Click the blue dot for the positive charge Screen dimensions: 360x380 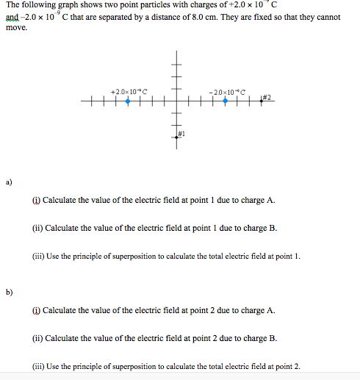(128, 101)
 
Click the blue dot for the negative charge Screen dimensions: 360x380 (224, 101)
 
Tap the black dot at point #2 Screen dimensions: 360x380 (260, 101)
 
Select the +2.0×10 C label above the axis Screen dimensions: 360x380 (129, 91)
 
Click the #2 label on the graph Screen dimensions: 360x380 (267, 97)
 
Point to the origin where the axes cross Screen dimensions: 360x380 (176, 101)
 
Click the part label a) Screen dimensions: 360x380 (9, 180)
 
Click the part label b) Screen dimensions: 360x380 (9, 291)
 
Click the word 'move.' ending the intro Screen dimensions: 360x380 (15, 28)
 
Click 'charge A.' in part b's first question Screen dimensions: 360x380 (258, 310)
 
